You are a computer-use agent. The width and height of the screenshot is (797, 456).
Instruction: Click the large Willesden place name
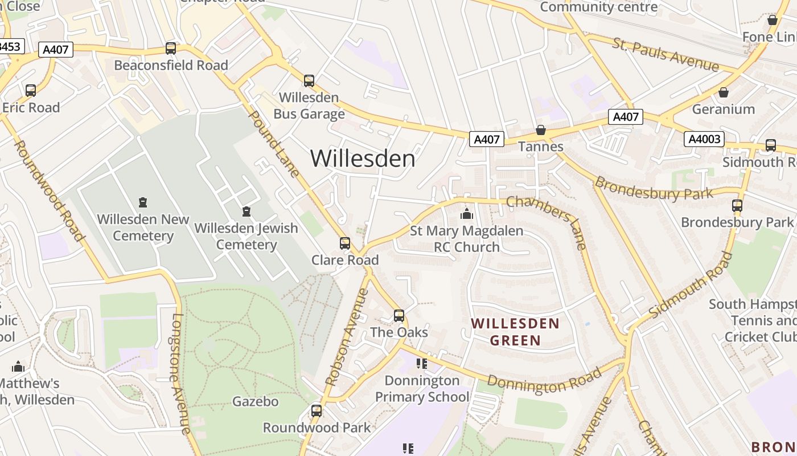click(363, 158)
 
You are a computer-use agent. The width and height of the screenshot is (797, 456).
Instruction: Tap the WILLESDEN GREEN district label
click(515, 332)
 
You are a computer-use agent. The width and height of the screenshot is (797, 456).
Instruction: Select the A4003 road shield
click(704, 139)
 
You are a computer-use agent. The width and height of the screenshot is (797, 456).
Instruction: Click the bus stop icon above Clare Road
click(345, 243)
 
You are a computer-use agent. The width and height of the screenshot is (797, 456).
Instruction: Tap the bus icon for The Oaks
click(399, 316)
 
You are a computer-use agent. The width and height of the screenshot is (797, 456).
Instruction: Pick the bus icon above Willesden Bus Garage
click(309, 81)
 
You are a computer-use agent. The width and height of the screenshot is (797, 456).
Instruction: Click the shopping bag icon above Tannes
click(541, 131)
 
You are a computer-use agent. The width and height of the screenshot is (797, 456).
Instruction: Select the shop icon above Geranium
click(724, 92)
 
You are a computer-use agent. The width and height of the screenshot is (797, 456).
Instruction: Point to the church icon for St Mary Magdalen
click(467, 214)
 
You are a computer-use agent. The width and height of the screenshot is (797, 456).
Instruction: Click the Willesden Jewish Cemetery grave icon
click(247, 212)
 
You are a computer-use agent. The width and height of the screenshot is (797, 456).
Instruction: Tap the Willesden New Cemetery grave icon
click(143, 202)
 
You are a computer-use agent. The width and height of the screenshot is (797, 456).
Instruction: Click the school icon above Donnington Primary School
click(422, 363)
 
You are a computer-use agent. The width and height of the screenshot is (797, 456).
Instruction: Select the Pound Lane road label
click(274, 144)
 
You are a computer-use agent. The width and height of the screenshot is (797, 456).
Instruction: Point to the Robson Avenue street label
click(347, 337)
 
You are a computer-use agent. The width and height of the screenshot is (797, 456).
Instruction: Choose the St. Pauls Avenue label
click(665, 55)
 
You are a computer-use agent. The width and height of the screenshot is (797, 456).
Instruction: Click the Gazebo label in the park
click(256, 401)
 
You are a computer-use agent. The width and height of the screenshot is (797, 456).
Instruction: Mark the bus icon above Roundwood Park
click(317, 411)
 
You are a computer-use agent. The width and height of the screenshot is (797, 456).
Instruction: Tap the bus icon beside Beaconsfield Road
click(171, 48)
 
